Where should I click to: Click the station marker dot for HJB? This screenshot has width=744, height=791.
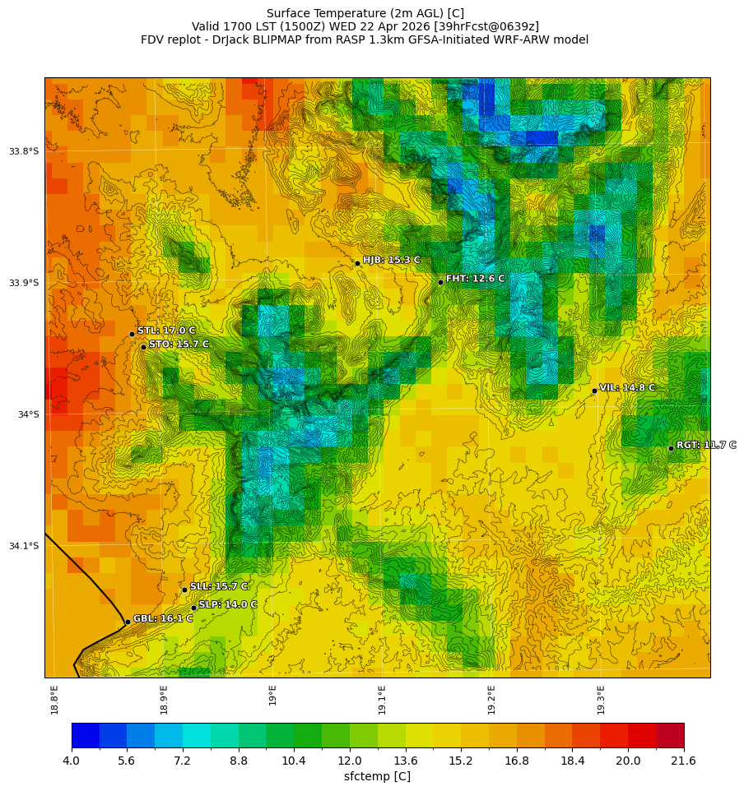coord(357,263)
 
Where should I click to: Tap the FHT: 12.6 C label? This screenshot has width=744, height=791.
coord(475,279)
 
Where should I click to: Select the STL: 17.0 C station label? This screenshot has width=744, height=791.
coord(166,331)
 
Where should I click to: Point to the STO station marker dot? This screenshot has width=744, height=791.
coord(143,347)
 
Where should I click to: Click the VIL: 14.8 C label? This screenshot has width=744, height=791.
coord(627,387)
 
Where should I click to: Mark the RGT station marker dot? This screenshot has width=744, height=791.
coord(671,448)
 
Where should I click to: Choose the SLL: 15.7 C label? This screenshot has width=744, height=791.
coord(219,586)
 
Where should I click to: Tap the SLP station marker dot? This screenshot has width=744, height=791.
coord(194,608)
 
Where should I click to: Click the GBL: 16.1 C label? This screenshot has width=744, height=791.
coord(163,618)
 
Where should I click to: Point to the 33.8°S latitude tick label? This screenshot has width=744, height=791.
coord(24,151)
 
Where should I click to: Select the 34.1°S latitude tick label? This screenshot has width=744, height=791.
coord(24,546)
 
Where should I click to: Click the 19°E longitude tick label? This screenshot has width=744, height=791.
coord(272,695)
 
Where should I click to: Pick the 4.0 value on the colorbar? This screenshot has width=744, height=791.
coord(72,761)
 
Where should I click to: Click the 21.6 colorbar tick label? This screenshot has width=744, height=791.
coord(684,761)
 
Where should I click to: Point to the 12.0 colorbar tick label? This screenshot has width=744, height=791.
coord(350,761)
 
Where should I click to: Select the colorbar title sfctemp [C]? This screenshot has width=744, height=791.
coord(377,776)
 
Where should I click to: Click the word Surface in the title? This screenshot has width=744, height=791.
coord(288,13)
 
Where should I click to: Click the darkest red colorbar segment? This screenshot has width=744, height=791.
coord(670,735)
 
